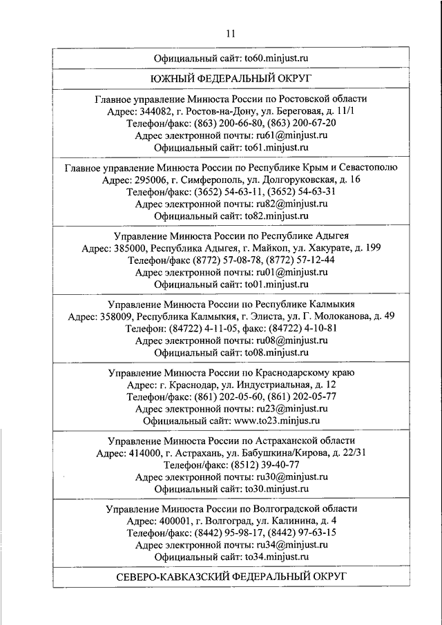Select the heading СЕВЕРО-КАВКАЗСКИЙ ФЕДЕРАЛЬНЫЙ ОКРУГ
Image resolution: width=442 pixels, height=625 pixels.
(x=231, y=576)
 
